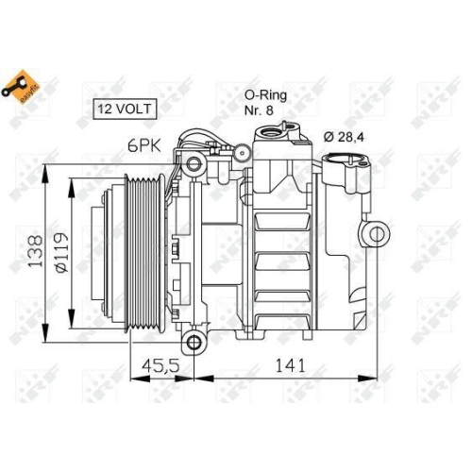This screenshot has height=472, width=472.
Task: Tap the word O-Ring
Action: [x=264, y=94]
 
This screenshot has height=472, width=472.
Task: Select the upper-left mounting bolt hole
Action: [x=195, y=166]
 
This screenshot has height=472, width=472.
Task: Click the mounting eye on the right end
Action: [x=377, y=233]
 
